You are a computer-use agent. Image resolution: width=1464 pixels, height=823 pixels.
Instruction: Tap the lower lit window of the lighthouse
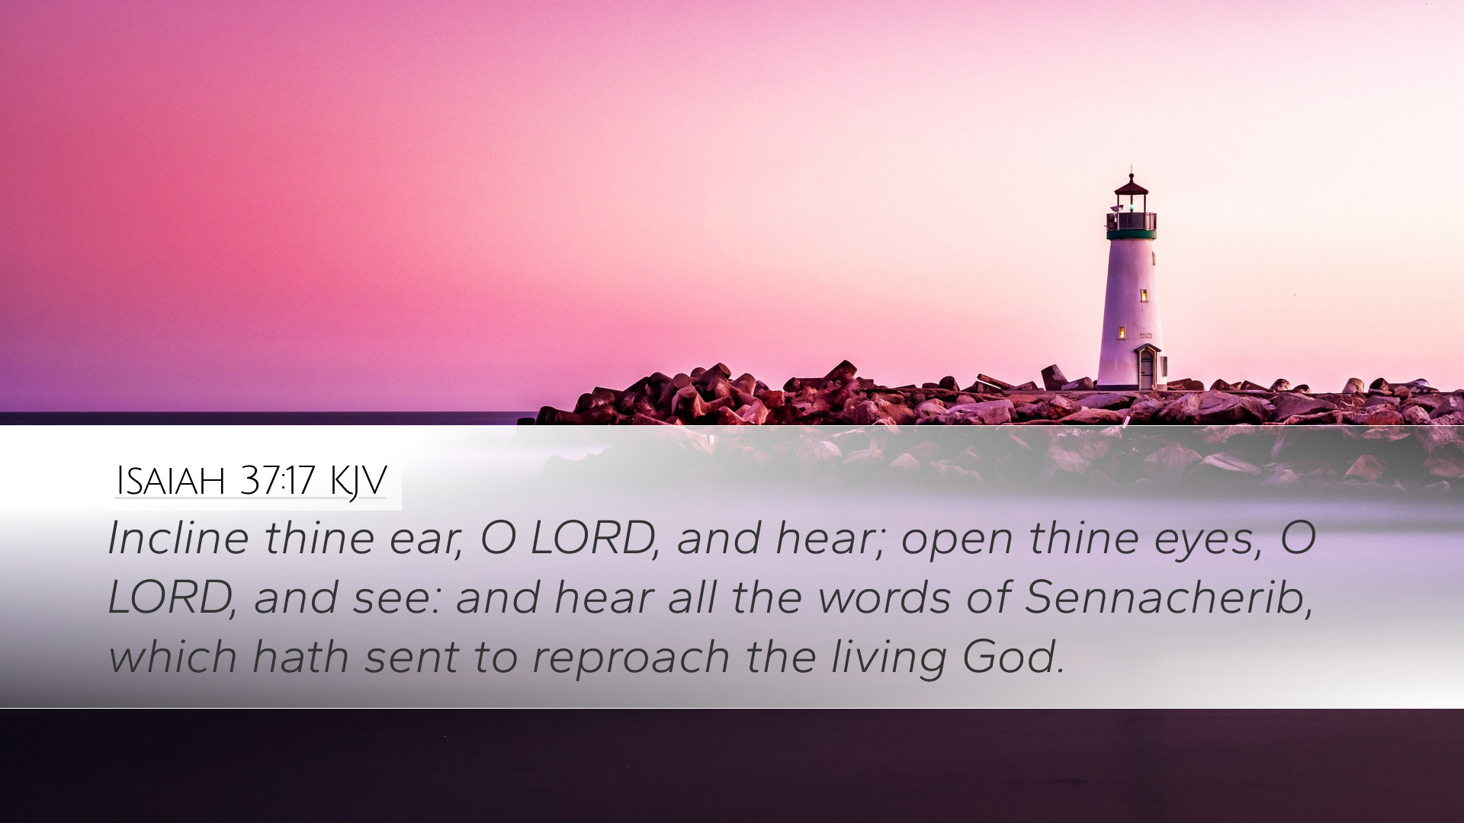click(x=1122, y=332)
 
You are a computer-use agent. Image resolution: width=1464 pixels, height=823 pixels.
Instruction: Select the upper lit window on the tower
click(x=1144, y=295)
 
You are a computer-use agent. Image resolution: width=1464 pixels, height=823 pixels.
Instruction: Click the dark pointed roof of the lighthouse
click(x=1131, y=185)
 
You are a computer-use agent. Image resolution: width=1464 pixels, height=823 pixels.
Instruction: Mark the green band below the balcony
click(x=1132, y=235)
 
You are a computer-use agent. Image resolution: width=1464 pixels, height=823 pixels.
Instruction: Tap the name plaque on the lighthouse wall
click(x=1145, y=335)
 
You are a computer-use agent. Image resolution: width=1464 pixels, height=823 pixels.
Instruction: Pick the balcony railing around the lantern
click(x=1132, y=222)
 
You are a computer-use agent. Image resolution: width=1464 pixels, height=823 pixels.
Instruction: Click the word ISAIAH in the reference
click(x=171, y=481)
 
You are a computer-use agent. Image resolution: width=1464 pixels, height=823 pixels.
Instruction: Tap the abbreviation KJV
click(x=358, y=482)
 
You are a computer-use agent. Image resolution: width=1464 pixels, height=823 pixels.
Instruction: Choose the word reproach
click(x=631, y=658)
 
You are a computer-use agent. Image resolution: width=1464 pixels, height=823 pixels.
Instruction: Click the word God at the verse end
click(x=1012, y=656)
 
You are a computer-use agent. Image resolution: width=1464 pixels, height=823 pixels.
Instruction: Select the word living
click(x=888, y=658)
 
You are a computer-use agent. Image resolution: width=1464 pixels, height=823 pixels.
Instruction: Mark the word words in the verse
click(x=884, y=597)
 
